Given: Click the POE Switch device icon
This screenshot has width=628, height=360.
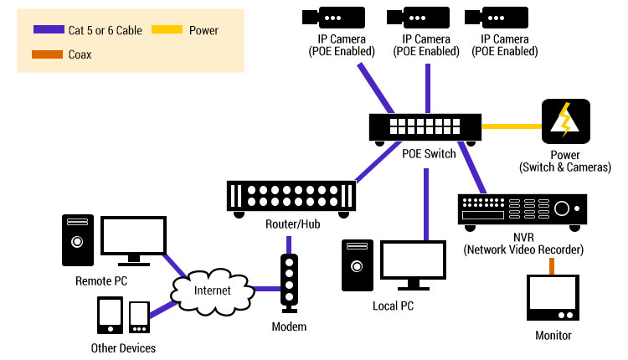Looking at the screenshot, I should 426,127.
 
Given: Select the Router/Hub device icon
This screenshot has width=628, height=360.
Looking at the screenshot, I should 291,196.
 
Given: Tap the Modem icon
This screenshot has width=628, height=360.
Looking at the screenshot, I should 290,283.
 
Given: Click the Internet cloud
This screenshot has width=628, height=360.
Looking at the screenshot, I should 213,291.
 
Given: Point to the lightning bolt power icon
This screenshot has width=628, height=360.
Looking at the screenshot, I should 565,122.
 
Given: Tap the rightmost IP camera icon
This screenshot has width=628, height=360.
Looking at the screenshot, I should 500,17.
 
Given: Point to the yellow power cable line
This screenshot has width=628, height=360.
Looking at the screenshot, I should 512,126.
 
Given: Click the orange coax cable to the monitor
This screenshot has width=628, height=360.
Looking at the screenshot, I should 552,265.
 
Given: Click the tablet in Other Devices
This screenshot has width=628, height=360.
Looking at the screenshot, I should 111,316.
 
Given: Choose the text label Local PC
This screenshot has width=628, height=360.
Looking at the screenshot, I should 393,306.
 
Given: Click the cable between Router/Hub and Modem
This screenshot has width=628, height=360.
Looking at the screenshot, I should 290,243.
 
